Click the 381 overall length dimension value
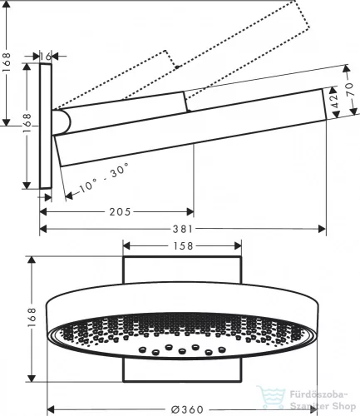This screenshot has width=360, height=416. (x=182, y=229)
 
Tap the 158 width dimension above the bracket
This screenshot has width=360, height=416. (x=182, y=245)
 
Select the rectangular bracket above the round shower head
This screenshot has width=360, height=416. (x=182, y=271)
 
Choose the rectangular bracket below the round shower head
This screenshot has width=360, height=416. (x=182, y=375)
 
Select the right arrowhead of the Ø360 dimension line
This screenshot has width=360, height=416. (x=320, y=409)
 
